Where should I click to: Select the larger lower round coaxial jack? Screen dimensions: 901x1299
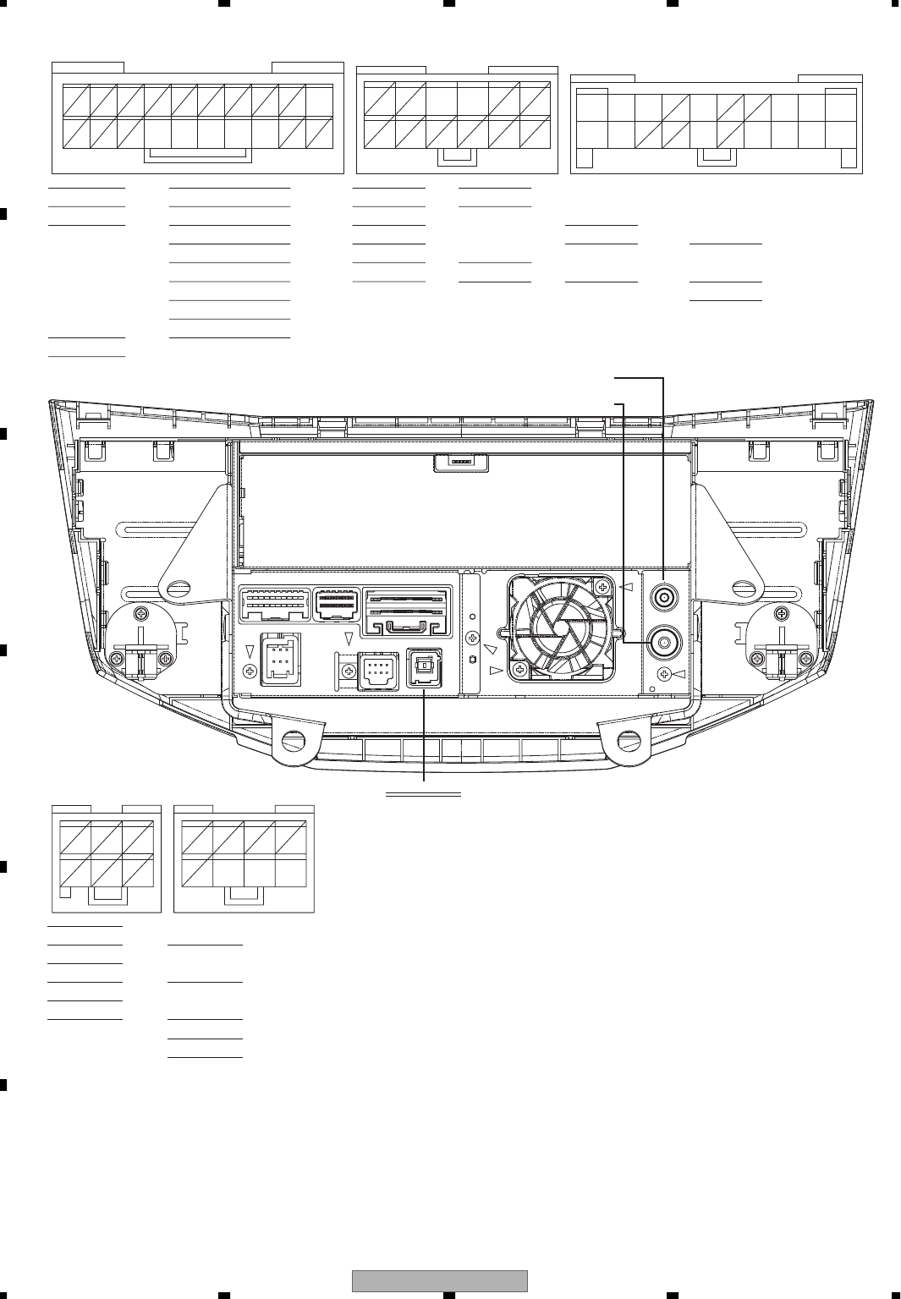[664, 643]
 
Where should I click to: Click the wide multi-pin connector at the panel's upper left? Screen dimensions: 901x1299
[275, 604]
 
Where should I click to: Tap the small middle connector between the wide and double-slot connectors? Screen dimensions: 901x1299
[336, 604]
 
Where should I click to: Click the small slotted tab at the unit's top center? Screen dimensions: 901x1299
[460, 463]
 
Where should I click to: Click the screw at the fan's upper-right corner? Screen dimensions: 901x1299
[602, 586]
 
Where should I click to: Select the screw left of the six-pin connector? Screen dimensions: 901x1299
[250, 671]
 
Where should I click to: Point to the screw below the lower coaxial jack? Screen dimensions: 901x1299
[665, 674]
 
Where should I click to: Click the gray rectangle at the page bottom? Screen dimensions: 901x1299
[439, 1280]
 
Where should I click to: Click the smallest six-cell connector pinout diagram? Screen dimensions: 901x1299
[107, 858]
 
